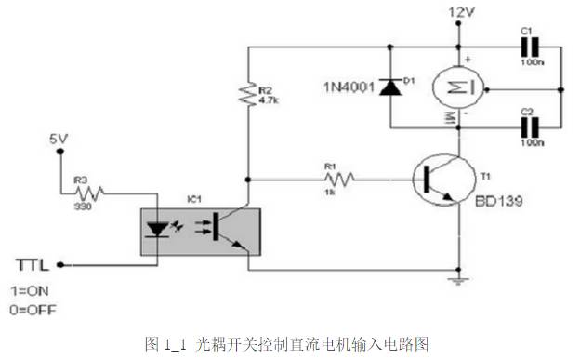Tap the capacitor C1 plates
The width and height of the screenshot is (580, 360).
pyautogui.click(x=527, y=49)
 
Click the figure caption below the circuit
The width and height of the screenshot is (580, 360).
pyautogui.click(x=289, y=343)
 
